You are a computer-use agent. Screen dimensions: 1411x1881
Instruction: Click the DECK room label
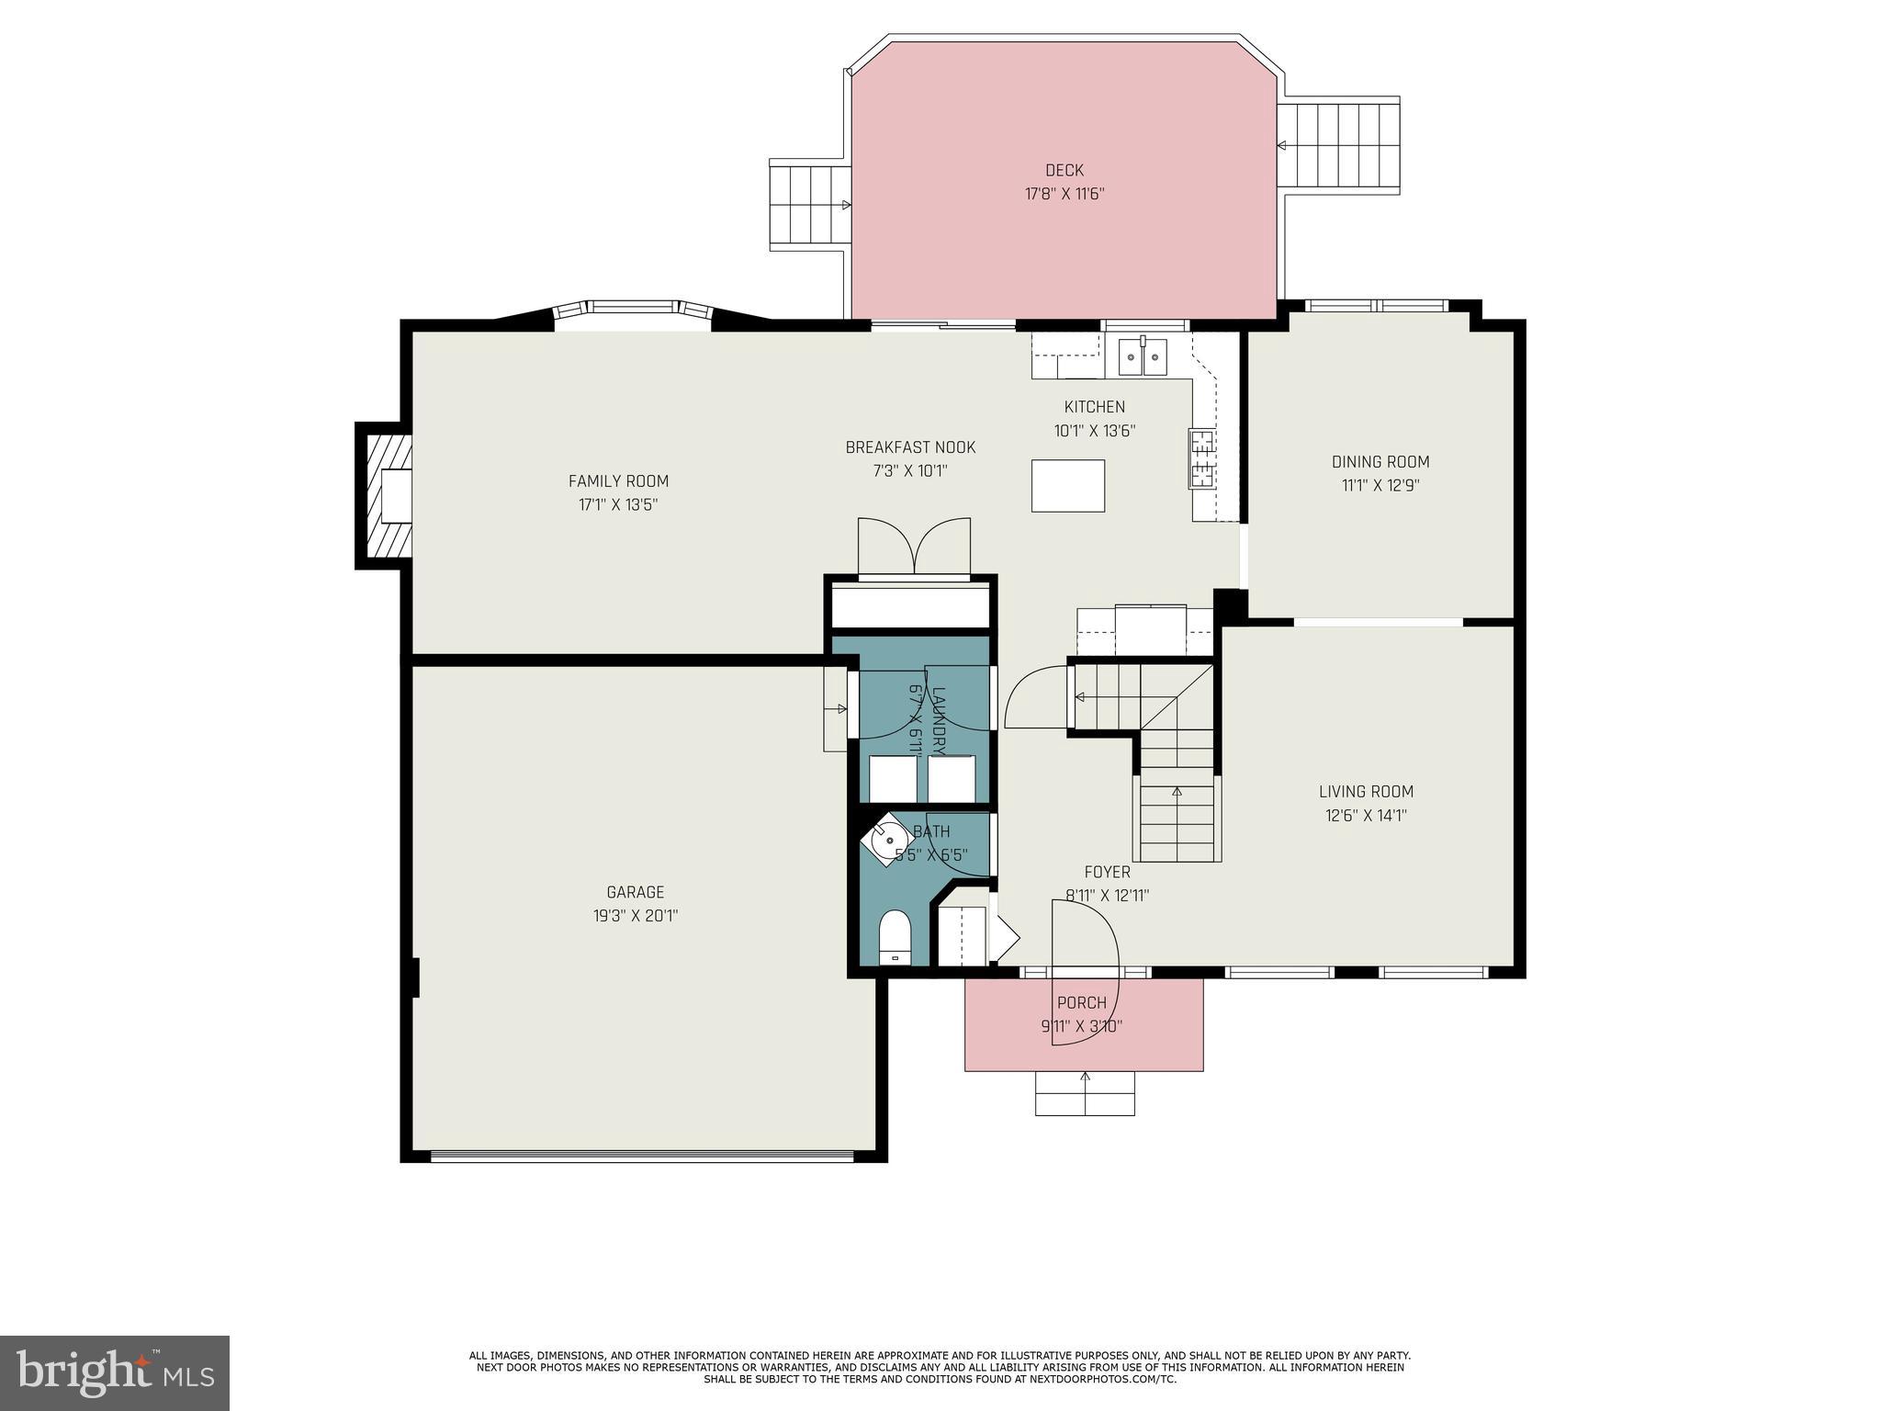[1064, 170]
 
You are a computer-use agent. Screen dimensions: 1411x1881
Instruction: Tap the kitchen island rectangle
[1067, 485]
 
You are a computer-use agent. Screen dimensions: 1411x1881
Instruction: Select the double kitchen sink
[1142, 356]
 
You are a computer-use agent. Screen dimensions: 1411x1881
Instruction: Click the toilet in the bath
[894, 938]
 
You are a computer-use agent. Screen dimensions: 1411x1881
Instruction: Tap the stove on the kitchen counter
[1201, 457]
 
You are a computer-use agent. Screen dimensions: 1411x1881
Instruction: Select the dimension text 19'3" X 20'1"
[635, 916]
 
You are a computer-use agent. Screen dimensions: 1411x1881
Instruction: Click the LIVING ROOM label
[1366, 791]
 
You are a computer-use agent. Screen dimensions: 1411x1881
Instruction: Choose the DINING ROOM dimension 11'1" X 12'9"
[1380, 485]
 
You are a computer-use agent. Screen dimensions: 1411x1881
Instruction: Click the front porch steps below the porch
[1085, 1093]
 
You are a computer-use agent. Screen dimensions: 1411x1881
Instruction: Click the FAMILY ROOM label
[618, 480]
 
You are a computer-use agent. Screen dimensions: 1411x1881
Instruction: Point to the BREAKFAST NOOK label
[910, 447]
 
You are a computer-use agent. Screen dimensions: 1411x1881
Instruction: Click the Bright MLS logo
[115, 1372]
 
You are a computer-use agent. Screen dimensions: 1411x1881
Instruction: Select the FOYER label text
[1107, 872]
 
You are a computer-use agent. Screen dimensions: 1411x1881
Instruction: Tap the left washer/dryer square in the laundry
[893, 779]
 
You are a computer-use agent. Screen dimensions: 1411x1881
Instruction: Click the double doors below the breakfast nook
[914, 547]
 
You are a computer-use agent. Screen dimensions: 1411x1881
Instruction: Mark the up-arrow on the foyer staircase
[1177, 792]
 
